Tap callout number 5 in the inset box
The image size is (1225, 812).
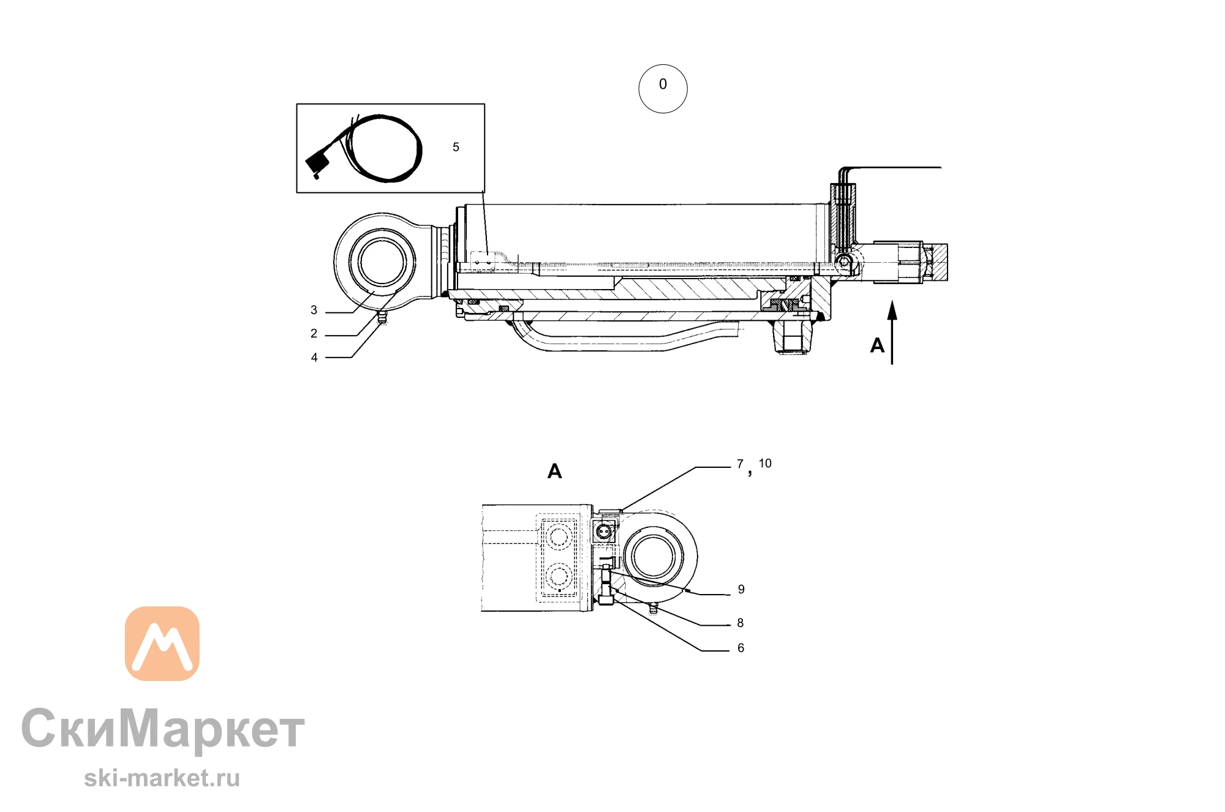pyautogui.click(x=456, y=148)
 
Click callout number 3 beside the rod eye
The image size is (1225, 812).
pyautogui.click(x=314, y=310)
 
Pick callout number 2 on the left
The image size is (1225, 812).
pyautogui.click(x=314, y=334)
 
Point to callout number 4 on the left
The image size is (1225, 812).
pyautogui.click(x=314, y=358)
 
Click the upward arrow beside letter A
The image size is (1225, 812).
pyautogui.click(x=892, y=333)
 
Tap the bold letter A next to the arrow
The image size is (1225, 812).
pyautogui.click(x=877, y=345)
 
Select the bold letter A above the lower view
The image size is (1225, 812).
pyautogui.click(x=554, y=471)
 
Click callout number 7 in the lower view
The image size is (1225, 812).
pyautogui.click(x=740, y=464)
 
